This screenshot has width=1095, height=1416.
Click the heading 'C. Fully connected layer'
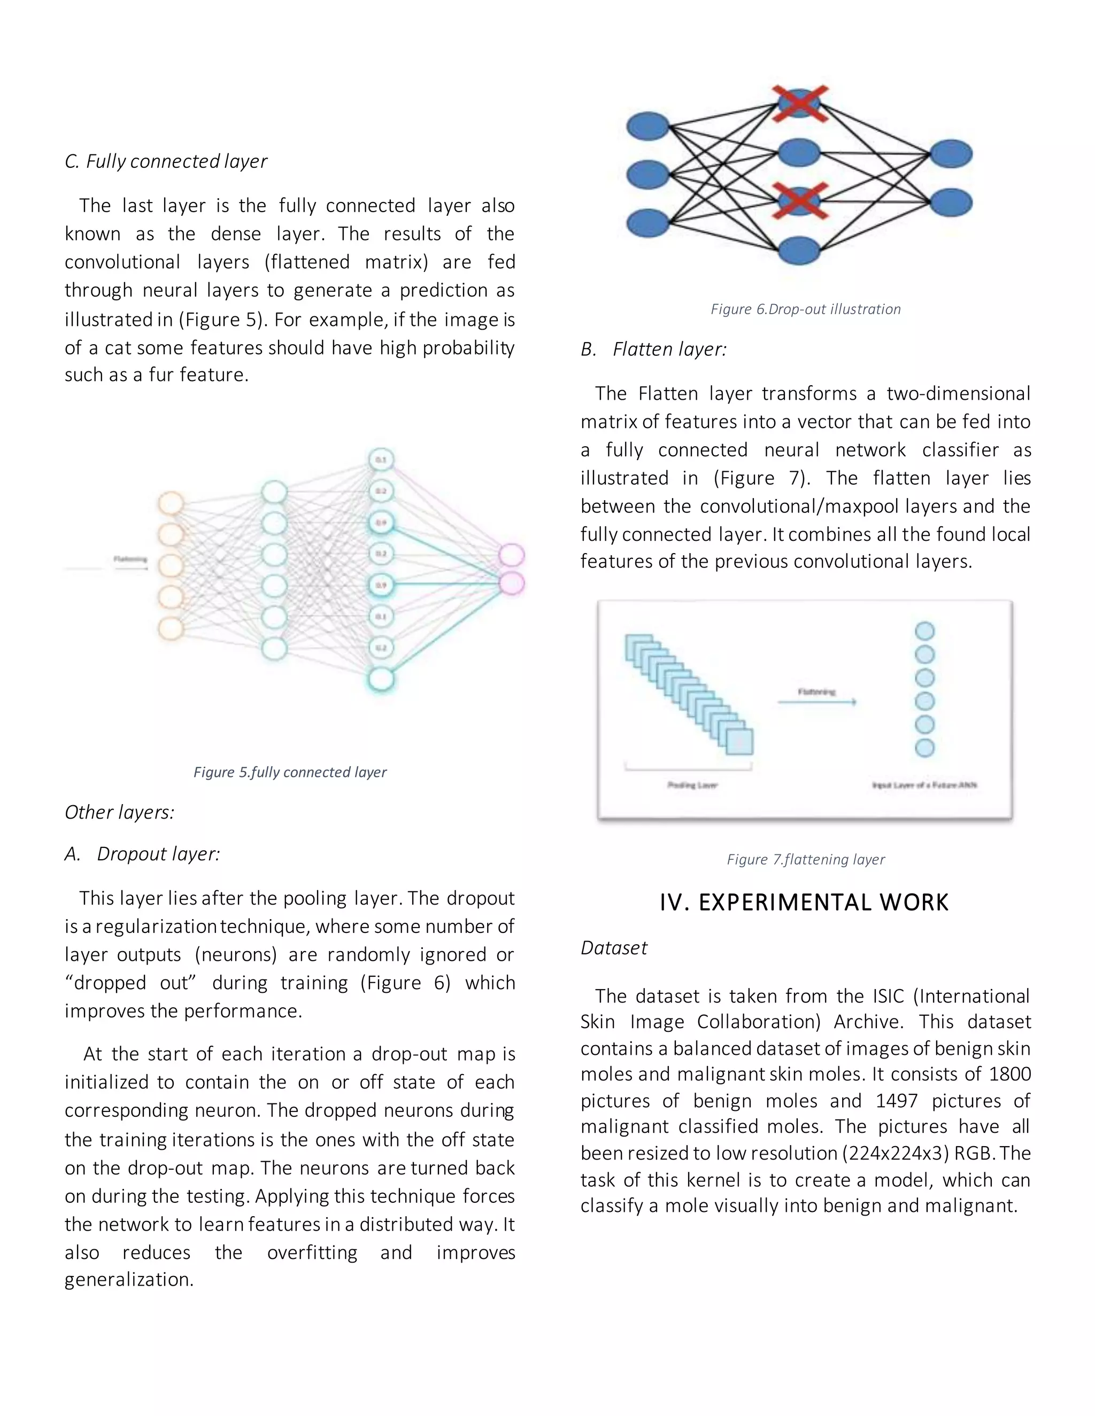click(166, 161)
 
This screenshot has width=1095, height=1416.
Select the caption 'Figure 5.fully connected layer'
click(289, 772)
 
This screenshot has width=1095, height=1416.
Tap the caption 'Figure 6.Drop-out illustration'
click(806, 309)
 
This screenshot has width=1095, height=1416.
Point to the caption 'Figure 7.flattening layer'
click(806, 859)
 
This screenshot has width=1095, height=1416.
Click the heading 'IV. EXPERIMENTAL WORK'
click(804, 902)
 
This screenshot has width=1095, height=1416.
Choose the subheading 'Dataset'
click(614, 948)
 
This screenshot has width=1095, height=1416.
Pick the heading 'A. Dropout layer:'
click(143, 854)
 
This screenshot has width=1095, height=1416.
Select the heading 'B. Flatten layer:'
click(654, 349)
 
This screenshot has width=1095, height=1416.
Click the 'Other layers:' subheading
click(119, 812)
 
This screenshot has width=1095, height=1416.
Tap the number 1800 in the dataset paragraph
click(1009, 1075)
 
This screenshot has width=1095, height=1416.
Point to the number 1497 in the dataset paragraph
click(897, 1101)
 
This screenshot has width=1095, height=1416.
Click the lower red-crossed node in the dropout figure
click(799, 201)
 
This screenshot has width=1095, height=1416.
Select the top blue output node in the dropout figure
click(951, 154)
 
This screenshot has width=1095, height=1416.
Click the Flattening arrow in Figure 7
click(818, 702)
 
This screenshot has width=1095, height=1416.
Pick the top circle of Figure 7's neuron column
click(924, 631)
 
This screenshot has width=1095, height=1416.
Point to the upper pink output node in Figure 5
click(511, 555)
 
